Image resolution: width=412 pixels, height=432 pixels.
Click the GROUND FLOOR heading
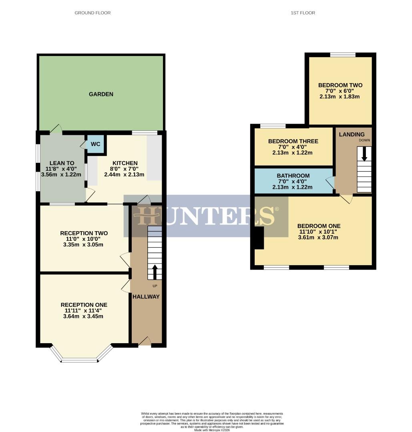coord(92,13)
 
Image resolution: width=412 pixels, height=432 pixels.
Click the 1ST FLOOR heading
coord(303,13)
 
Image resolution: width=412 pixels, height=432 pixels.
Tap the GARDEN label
coord(101,94)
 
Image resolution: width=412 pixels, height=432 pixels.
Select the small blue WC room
coord(96,144)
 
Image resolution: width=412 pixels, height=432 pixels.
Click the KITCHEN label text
coord(125,163)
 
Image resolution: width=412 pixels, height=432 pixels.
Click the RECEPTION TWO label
coord(84,233)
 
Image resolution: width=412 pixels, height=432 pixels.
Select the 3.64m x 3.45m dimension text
coord(84,316)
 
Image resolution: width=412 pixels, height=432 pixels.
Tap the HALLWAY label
coord(146,297)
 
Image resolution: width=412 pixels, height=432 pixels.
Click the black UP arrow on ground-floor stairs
coord(155,271)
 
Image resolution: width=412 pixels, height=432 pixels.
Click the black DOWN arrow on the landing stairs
coord(364,154)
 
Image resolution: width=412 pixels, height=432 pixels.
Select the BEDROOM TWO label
coord(340,85)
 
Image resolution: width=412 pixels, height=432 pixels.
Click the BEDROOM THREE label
coord(293,141)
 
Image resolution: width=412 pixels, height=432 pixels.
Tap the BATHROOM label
coord(293,176)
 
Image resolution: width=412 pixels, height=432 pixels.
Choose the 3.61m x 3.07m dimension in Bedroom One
coord(319,237)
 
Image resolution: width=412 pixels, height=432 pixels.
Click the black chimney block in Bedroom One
coord(259,238)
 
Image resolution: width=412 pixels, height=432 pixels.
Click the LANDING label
coord(352,134)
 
